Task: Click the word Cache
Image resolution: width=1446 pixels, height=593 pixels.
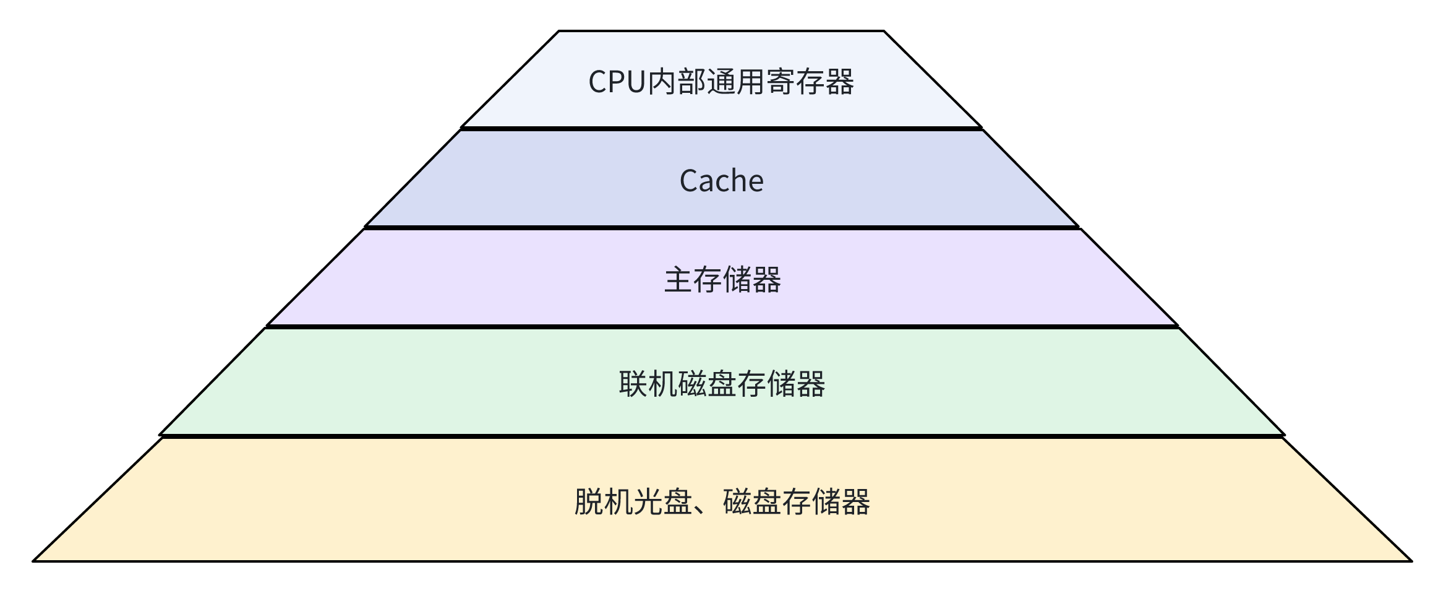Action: click(721, 181)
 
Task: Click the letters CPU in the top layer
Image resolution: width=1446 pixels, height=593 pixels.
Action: click(617, 82)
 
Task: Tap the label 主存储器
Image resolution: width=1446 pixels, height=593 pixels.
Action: click(722, 280)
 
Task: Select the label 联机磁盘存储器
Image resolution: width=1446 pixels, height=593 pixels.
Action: click(722, 384)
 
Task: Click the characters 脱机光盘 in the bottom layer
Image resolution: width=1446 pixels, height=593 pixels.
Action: click(633, 502)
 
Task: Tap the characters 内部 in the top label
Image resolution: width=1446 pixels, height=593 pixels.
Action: click(677, 82)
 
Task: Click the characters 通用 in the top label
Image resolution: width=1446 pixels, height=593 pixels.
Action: click(736, 82)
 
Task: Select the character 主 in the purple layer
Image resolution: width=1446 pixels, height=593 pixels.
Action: click(678, 280)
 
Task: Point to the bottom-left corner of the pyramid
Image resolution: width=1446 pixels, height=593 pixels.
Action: click(34, 561)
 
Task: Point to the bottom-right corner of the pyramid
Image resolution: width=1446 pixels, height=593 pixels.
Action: click(1411, 561)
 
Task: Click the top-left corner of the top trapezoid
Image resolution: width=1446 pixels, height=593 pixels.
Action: click(559, 31)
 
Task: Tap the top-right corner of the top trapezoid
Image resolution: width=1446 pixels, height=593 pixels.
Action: click(884, 31)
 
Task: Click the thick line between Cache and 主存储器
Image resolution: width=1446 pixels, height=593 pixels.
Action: click(721, 228)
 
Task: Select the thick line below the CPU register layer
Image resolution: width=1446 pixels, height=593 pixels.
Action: click(721, 129)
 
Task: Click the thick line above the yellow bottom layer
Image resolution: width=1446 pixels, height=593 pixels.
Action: click(721, 436)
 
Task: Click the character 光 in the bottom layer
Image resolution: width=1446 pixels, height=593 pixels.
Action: click(648, 502)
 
